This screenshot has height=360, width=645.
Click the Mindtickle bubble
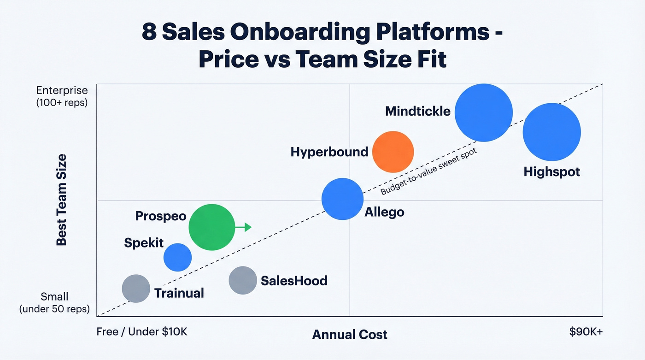pos(483,112)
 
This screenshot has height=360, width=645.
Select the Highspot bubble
pos(551,132)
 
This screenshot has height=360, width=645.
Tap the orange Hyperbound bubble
pos(393,152)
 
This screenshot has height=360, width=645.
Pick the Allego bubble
pos(342,199)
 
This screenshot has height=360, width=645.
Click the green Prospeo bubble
pos(211,227)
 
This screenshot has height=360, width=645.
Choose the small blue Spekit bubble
pos(177,257)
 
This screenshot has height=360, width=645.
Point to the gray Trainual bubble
pos(136,289)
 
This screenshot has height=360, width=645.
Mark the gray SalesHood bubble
pos(243,280)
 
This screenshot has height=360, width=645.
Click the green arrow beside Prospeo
pos(244,227)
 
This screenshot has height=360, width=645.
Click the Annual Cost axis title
pos(350,335)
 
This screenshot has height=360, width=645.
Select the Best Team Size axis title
pos(61,200)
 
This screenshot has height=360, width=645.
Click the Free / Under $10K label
pos(142,332)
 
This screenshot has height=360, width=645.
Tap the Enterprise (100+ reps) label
pos(61,96)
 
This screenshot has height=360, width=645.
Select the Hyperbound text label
pos(329,152)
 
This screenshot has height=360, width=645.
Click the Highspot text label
pos(551,172)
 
